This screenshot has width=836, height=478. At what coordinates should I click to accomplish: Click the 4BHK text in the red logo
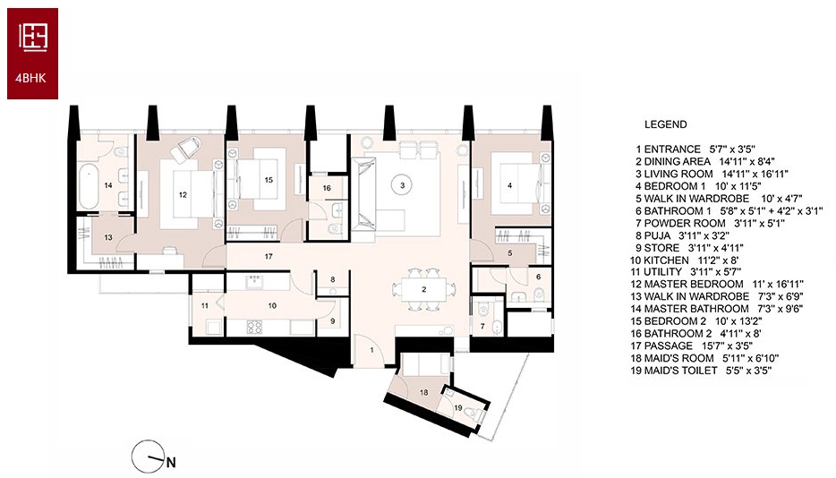click(x=31, y=78)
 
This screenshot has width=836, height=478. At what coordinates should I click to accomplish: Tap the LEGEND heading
click(x=665, y=124)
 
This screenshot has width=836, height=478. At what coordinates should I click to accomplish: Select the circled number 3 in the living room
click(x=402, y=185)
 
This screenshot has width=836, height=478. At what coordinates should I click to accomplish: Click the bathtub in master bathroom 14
click(x=88, y=186)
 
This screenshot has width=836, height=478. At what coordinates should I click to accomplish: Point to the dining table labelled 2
click(x=424, y=290)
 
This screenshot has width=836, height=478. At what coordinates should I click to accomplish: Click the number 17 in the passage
click(x=269, y=257)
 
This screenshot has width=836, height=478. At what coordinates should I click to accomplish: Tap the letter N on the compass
click(x=171, y=463)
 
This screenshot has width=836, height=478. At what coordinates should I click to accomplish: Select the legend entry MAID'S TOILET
click(x=701, y=371)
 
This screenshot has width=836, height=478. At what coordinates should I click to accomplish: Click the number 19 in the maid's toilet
click(x=458, y=408)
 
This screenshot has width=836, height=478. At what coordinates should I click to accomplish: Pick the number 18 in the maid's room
click(x=424, y=393)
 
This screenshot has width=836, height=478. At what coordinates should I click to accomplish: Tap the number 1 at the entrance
click(x=372, y=351)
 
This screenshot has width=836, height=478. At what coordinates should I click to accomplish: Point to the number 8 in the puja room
click(x=333, y=279)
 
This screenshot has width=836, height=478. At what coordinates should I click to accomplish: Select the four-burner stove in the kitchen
click(x=254, y=327)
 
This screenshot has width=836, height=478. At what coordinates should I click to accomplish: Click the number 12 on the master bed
click(x=183, y=195)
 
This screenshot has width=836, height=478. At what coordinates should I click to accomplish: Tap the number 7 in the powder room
click(x=482, y=326)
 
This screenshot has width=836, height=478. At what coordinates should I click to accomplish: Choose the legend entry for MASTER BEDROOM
click(x=717, y=285)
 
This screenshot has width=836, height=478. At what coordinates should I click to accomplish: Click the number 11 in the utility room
click(x=205, y=306)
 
